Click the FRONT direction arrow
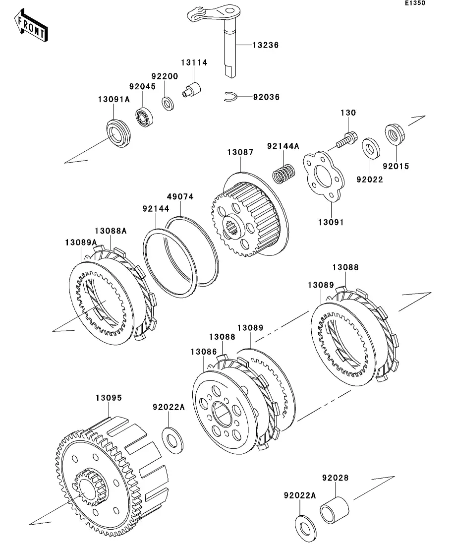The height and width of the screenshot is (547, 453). coord(31,25)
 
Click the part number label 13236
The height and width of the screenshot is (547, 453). coord(265,45)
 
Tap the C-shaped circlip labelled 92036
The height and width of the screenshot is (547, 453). coord(230,97)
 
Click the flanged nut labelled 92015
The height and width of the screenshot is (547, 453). coord(395,133)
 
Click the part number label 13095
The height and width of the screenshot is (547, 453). coord(109,398)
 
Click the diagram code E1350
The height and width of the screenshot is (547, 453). coord(415,3)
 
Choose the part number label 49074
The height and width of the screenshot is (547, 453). coord(180,196)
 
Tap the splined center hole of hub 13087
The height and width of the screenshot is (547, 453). coord(231,229)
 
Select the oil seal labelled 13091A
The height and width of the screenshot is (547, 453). coord(118,133)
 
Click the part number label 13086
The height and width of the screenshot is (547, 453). coord(204,352)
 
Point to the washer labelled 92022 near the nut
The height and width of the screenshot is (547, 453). coord(371,148)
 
